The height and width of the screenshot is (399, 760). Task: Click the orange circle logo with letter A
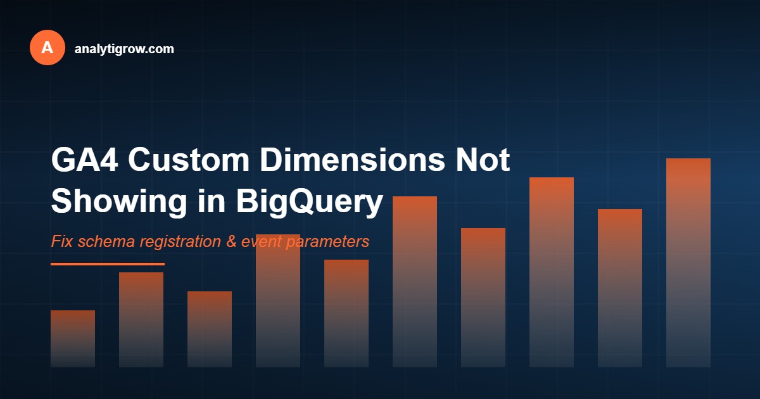[x=47, y=47]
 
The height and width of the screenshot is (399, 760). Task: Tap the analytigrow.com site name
[x=124, y=48]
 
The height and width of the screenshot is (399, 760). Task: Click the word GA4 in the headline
[x=84, y=161]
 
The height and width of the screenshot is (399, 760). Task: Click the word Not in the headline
[x=482, y=161]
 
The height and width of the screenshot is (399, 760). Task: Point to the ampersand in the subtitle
[x=229, y=242]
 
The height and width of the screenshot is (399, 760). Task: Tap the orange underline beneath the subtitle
[x=108, y=264]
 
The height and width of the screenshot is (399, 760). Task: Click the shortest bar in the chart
[x=73, y=339]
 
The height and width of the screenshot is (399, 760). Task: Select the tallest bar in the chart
[x=688, y=263]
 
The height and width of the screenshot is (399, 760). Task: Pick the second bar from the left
[x=141, y=320]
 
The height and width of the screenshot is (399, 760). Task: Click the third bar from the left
[x=210, y=329]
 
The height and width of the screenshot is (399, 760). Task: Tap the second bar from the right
[x=620, y=288]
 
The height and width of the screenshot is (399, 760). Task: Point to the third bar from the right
[x=552, y=272]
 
